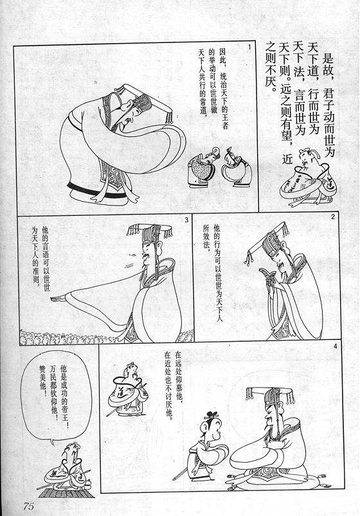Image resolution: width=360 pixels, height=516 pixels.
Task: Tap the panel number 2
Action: click(x=332, y=217)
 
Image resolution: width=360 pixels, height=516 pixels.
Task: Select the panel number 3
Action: click(x=186, y=220)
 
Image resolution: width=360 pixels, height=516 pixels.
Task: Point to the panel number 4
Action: click(x=335, y=348)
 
